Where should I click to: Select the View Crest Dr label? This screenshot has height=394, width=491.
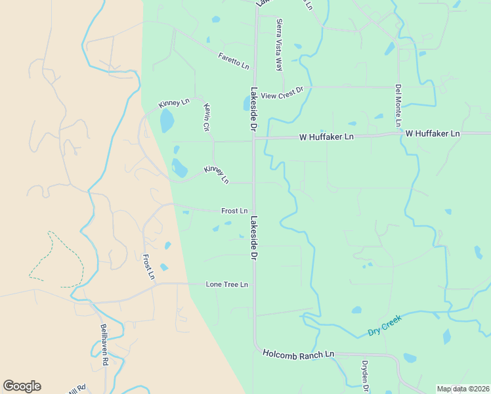(282, 95)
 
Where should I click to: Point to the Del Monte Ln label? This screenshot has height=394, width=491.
(398, 106)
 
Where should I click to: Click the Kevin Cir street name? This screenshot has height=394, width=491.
(206, 118)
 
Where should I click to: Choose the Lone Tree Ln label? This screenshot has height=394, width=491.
(227, 284)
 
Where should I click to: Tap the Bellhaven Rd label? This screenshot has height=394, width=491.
(104, 344)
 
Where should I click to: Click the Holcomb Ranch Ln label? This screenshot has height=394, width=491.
(299, 354)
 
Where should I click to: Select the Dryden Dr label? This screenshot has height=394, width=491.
(366, 374)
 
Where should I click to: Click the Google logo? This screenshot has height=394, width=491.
(22, 386)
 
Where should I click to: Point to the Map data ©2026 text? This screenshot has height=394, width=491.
(463, 389)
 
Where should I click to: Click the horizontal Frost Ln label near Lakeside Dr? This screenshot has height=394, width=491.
(234, 211)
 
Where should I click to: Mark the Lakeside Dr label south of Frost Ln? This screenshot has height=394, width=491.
(253, 239)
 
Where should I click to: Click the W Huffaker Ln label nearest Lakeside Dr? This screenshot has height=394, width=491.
(326, 137)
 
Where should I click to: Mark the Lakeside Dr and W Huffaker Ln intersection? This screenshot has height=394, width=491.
(255, 138)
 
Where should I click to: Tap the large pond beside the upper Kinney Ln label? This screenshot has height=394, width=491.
(167, 121)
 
